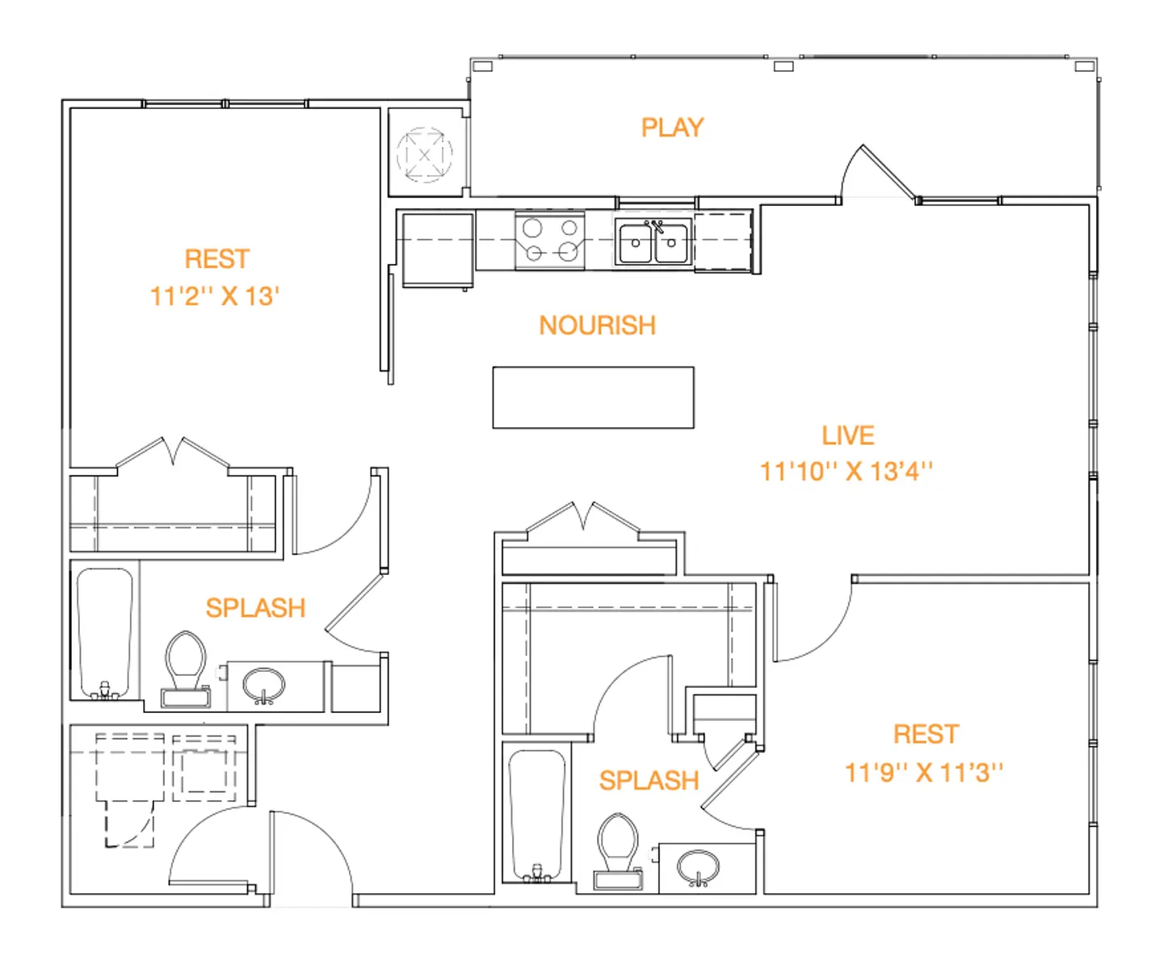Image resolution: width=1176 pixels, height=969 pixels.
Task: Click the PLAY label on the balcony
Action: tap(672, 128)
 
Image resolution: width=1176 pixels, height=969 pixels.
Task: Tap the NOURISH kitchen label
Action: tap(598, 325)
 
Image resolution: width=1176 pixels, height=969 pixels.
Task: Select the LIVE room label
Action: tap(847, 435)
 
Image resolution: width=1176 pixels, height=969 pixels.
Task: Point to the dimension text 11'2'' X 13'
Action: tap(215, 296)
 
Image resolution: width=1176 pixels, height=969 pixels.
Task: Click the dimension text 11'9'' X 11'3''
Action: tap(924, 773)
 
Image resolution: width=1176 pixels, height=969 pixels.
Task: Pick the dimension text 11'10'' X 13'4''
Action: tap(846, 472)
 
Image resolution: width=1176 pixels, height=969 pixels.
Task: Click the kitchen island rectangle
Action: tap(593, 397)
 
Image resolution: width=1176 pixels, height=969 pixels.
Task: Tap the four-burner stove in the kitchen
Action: tap(550, 241)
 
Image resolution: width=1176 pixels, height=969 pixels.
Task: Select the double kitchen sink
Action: tap(653, 241)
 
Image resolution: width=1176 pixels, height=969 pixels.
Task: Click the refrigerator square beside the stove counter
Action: tap(438, 250)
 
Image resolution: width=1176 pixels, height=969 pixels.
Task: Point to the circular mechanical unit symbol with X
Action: tap(425, 155)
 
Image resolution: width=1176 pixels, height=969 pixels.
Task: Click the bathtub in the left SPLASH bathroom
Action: tap(105, 633)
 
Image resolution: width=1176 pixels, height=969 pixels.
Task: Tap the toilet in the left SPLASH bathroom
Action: tap(185, 669)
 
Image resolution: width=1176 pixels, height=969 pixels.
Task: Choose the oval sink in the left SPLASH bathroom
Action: tap(263, 686)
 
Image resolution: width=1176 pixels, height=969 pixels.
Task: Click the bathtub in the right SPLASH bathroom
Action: tap(537, 816)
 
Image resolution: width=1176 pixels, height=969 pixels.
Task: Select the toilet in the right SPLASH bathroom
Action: tap(618, 851)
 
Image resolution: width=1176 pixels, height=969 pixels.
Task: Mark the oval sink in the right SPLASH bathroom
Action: tap(698, 867)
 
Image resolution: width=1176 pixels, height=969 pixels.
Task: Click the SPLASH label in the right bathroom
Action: tap(649, 780)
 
